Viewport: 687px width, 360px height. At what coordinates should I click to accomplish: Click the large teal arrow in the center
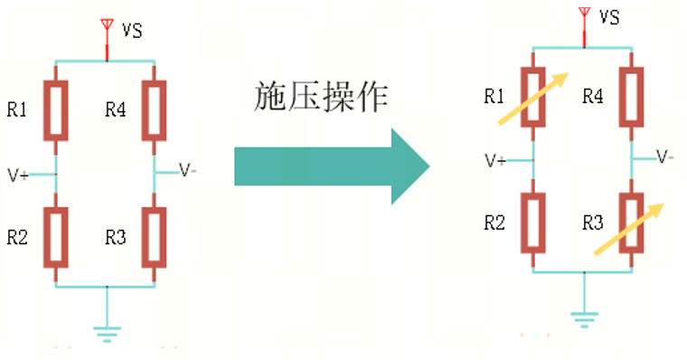330,167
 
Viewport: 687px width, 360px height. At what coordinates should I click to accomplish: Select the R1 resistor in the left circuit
57,110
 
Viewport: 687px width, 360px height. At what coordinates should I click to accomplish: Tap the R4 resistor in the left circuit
155,110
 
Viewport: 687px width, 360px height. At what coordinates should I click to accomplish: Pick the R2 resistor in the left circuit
57,238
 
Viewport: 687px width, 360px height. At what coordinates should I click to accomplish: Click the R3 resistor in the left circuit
155,238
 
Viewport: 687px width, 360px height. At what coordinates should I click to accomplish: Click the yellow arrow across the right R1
534,97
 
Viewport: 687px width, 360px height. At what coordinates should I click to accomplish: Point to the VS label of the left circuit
133,31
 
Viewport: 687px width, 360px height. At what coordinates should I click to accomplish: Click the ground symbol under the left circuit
108,335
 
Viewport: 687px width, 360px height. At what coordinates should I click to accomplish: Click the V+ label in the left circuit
17,175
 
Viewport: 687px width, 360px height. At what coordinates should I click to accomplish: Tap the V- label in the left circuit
188,169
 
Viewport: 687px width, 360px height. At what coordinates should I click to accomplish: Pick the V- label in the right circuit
664,156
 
